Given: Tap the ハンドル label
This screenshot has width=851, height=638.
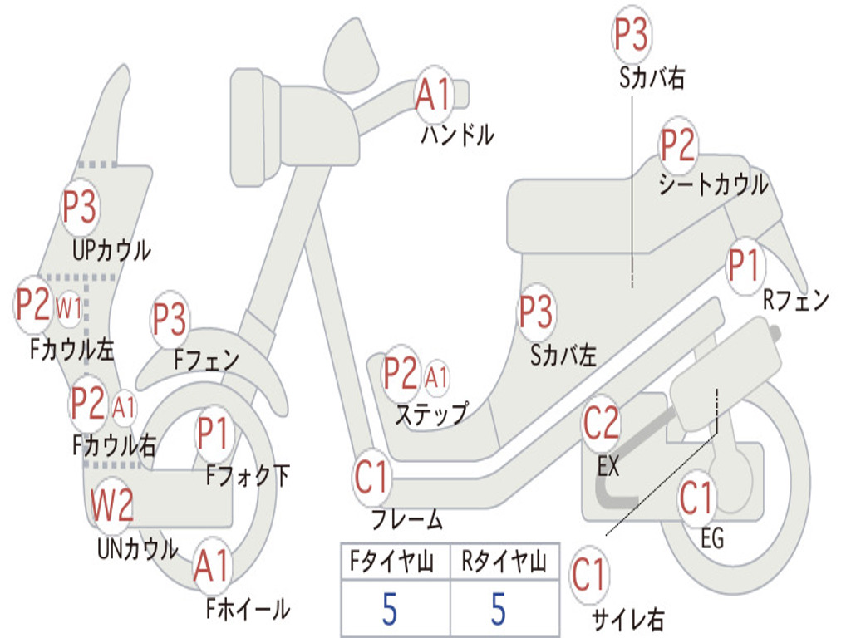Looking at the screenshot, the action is (x=457, y=133).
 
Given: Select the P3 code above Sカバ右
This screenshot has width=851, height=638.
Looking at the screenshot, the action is (x=631, y=36).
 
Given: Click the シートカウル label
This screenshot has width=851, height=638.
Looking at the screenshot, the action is (x=713, y=184).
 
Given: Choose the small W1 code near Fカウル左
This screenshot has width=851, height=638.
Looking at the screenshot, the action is (x=69, y=309).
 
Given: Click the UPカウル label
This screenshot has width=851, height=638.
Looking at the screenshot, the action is (x=111, y=249).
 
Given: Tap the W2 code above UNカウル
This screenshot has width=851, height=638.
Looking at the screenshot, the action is (x=112, y=506).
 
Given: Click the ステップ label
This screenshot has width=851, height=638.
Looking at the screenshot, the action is (x=430, y=414).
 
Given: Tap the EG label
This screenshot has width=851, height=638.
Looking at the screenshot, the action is (x=712, y=538).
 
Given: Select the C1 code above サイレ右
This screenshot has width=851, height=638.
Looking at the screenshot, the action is (x=589, y=576).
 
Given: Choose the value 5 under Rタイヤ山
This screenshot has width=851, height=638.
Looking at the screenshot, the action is (x=498, y=609).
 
